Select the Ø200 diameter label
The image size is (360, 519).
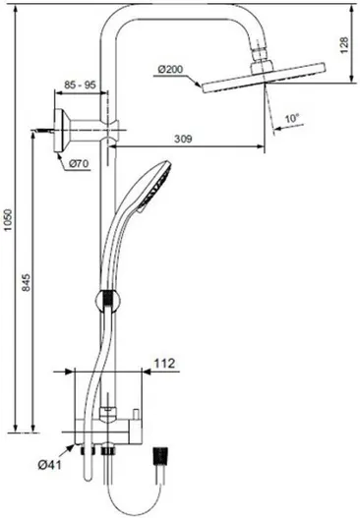click(171, 69)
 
